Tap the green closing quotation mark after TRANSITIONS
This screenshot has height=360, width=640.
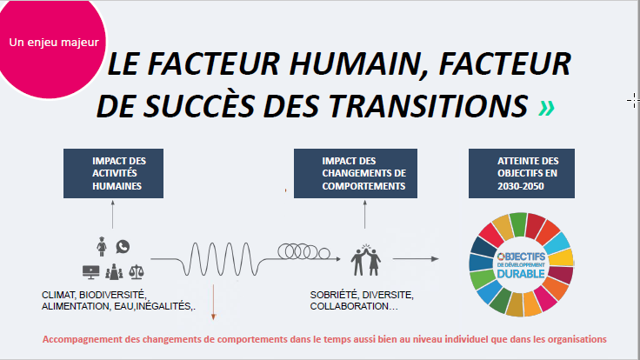(x=546, y=108)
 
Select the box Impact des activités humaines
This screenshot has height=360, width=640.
(x=113, y=173)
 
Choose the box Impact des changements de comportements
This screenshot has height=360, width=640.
(x=356, y=173)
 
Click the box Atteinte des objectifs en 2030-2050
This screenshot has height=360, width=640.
(x=522, y=173)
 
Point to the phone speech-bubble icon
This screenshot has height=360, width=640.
(x=123, y=247)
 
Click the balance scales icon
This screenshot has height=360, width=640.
(x=137, y=272)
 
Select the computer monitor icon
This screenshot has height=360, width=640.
(x=90, y=272)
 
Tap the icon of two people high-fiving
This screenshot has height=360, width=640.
(x=366, y=260)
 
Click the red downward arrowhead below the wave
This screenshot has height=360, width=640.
(x=213, y=317)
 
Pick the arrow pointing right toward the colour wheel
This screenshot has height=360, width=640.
(x=416, y=259)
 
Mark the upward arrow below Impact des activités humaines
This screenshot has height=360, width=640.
(x=113, y=214)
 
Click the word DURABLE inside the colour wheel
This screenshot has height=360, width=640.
(x=521, y=274)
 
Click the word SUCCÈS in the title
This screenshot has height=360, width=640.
(x=200, y=105)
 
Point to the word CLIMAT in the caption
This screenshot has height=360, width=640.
(x=58, y=295)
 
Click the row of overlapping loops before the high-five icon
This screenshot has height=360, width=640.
(x=304, y=252)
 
